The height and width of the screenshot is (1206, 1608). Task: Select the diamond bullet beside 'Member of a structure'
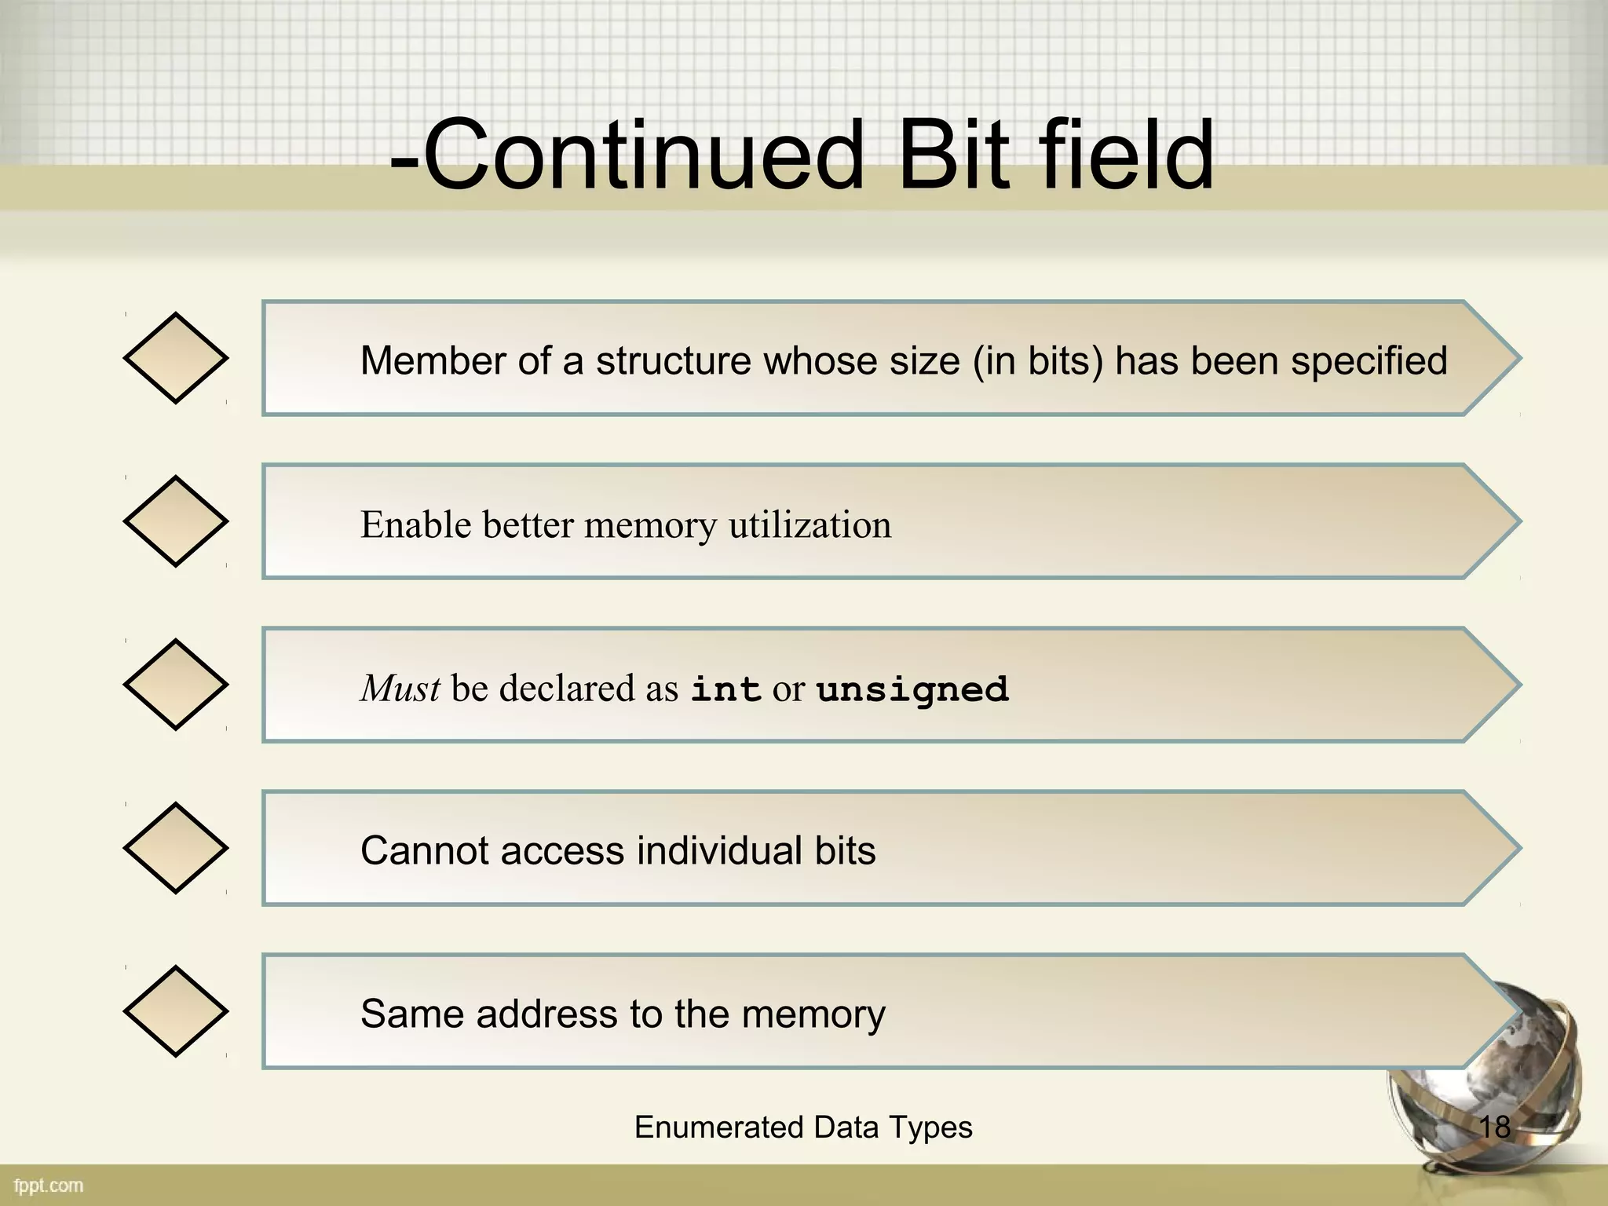tap(175, 358)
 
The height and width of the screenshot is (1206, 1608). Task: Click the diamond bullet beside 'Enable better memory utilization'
tap(175, 521)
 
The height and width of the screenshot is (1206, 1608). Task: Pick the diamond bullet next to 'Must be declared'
tap(175, 685)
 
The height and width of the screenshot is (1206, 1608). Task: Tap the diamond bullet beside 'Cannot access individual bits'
tap(175, 848)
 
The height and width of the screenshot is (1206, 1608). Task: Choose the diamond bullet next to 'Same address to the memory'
tap(175, 1011)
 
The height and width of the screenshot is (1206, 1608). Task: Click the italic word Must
tap(400, 689)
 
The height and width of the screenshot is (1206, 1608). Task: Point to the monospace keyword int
tap(725, 690)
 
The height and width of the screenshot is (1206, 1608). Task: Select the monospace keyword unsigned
tap(912, 690)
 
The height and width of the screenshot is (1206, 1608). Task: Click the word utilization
tap(809, 525)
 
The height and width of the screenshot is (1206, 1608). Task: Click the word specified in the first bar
tap(1369, 362)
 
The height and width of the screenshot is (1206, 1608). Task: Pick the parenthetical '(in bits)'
tap(1038, 362)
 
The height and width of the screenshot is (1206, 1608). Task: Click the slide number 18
tap(1494, 1127)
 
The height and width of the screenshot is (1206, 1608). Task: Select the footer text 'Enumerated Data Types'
tap(803, 1127)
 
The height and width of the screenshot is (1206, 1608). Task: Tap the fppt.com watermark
tap(49, 1186)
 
